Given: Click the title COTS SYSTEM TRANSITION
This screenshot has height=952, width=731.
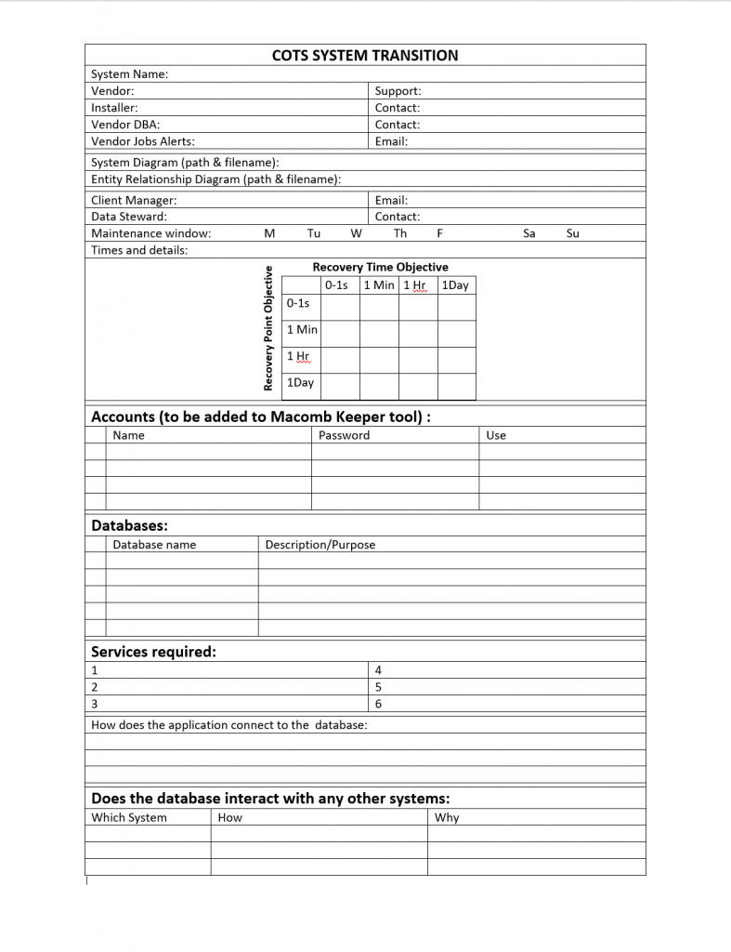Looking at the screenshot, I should [365, 56].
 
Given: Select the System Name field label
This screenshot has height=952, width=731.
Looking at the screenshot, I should [130, 74].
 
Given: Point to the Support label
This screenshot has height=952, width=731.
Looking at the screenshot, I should [398, 91].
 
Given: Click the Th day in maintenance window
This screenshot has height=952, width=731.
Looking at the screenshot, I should [400, 233].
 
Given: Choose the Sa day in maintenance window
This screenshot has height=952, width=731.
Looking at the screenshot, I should [529, 233].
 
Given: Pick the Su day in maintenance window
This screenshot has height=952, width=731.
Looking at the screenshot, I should [572, 233].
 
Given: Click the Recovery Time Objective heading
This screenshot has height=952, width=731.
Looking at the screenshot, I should [380, 267].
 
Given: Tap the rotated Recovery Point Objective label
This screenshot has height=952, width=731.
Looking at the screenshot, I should [268, 328].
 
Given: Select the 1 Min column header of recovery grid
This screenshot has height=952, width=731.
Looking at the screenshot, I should [379, 285].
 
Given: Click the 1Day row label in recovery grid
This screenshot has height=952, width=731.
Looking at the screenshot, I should [300, 382].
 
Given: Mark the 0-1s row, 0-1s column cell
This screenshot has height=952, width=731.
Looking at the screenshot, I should [340, 303].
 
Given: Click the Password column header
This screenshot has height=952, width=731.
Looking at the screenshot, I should [344, 435].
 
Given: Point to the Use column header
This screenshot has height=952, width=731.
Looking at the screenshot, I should [496, 435].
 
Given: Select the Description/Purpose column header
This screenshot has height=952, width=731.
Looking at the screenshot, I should [320, 545].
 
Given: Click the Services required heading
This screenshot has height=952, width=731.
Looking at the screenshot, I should [153, 652].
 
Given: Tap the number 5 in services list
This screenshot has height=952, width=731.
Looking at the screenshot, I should [378, 687].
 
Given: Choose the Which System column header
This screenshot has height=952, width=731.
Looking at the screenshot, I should [129, 818].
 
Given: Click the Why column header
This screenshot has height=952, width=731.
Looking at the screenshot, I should [447, 818].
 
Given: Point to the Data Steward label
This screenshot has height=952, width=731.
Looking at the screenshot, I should [129, 217].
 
